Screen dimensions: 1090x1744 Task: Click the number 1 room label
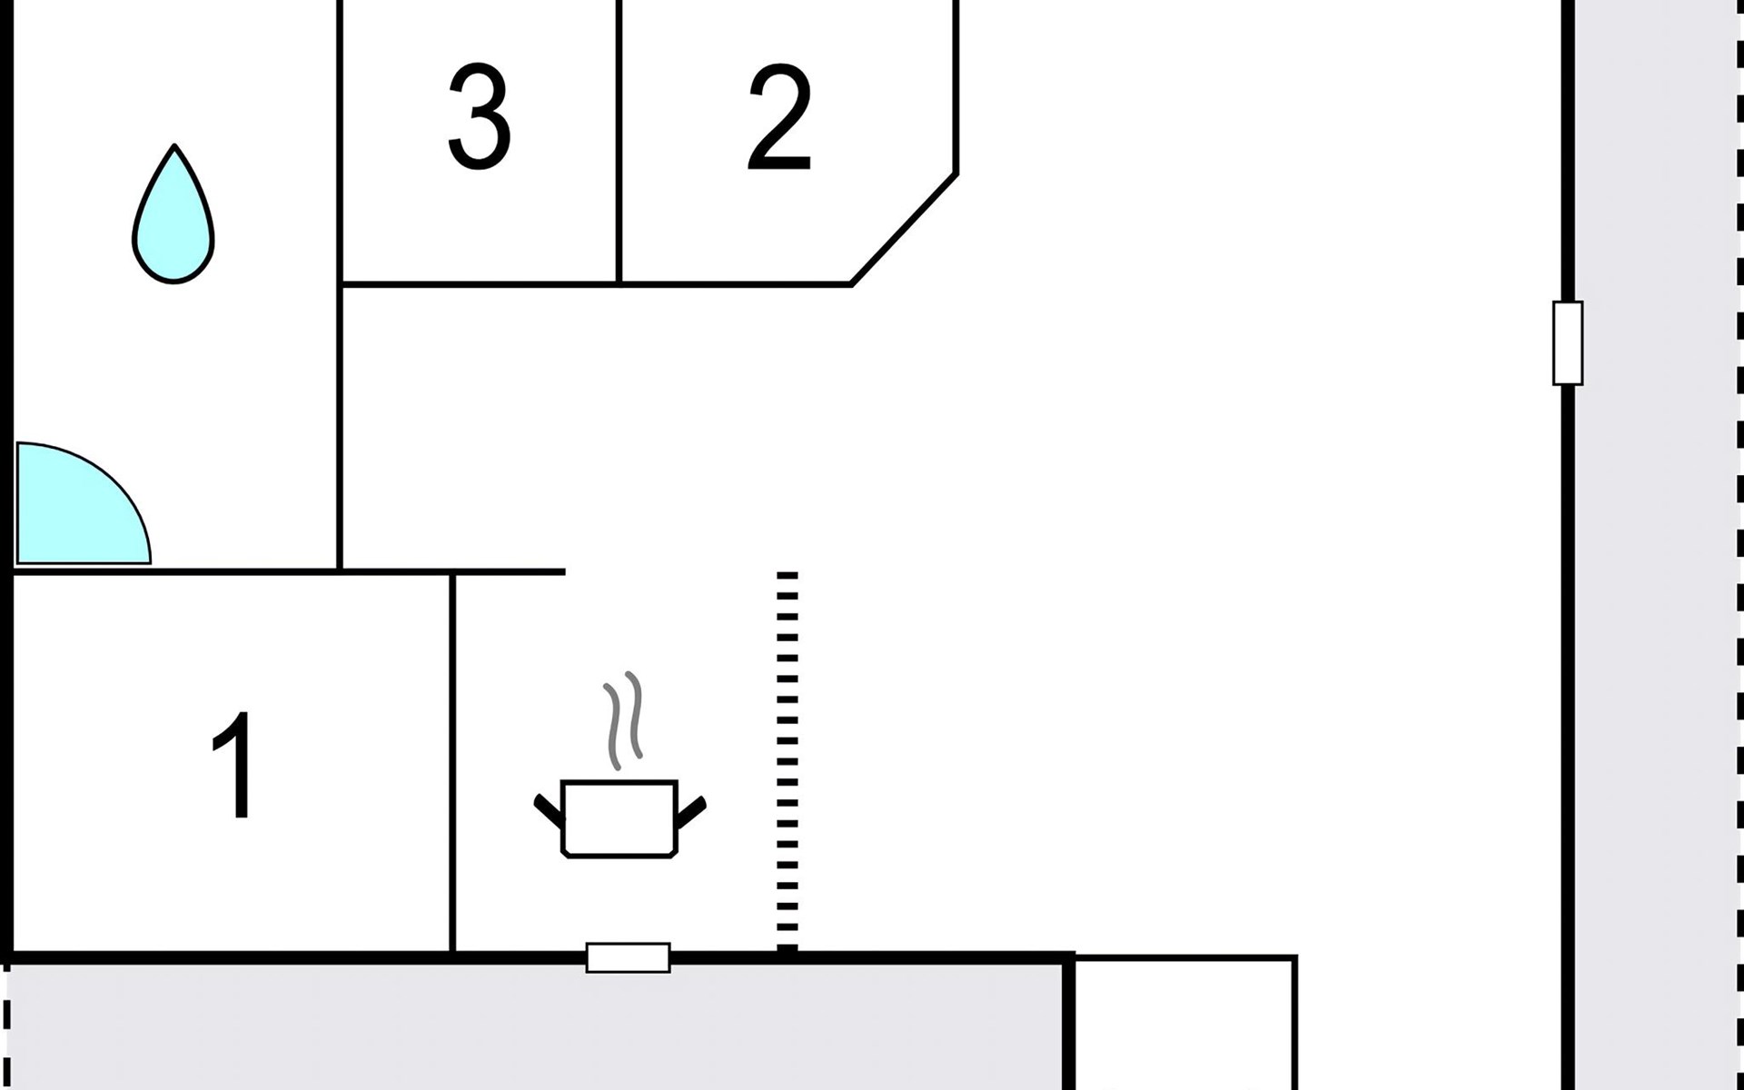(233, 765)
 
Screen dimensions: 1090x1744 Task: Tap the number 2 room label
(779, 118)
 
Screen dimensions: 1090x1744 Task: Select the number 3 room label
(479, 116)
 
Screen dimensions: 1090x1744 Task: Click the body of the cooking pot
(619, 817)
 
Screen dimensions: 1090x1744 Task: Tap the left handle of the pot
(549, 810)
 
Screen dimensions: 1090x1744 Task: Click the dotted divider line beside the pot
(788, 763)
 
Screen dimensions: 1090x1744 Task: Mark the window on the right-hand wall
(1568, 343)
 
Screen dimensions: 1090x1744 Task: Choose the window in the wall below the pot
(628, 957)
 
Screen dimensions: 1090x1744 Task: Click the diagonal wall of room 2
(905, 229)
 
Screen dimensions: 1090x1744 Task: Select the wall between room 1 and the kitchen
(451, 763)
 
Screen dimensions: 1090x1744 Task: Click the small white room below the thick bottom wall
(1183, 1026)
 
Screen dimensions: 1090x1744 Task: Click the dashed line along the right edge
(1739, 545)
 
